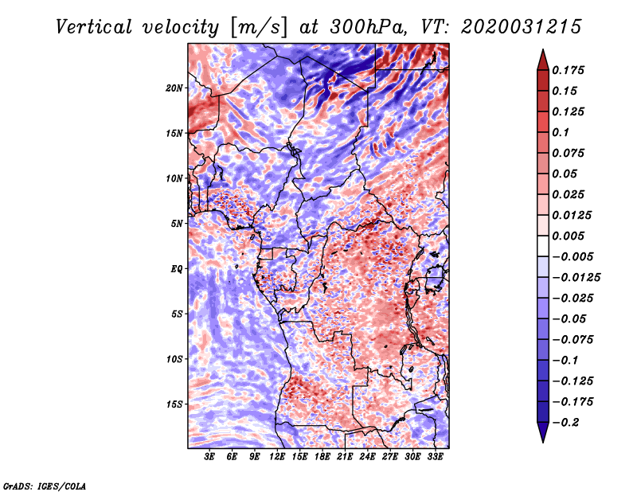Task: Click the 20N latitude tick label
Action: click(174, 88)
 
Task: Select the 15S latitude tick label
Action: click(174, 404)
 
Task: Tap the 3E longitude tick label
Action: click(210, 457)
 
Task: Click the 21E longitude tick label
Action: click(345, 457)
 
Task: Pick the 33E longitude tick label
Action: click(435, 457)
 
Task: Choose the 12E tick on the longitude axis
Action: click(277, 457)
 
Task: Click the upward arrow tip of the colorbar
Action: click(542, 52)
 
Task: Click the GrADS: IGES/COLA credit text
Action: click(45, 485)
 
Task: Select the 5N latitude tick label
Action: click(177, 223)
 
